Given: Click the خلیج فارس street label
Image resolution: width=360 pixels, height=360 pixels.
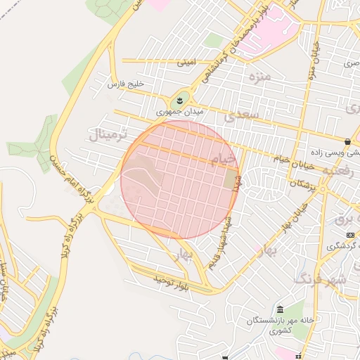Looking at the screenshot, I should coord(125,84).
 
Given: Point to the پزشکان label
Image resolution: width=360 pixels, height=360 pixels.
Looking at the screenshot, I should coord(304,183).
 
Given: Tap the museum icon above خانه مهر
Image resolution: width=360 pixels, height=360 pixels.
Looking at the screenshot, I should coord(281,310).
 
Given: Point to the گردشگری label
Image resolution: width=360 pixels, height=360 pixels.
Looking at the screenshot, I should coord(342,245).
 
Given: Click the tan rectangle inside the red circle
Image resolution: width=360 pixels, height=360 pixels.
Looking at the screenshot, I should coord(231,179).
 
